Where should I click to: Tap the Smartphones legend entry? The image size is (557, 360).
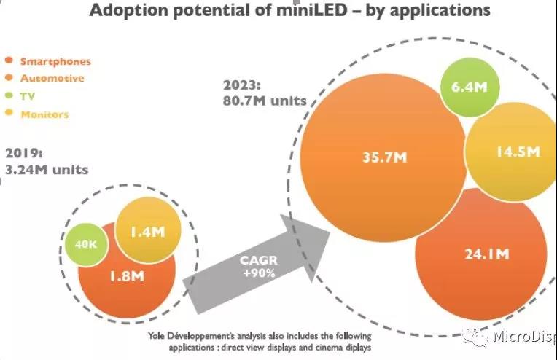click(55, 62)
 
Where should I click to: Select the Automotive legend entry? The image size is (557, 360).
click(52, 78)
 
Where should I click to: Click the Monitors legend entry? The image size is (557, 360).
click(45, 114)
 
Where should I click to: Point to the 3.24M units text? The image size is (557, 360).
click(47, 170)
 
